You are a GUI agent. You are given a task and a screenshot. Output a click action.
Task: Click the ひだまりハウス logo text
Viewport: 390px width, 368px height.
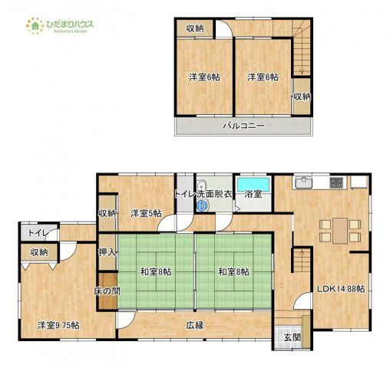click(x=70, y=25)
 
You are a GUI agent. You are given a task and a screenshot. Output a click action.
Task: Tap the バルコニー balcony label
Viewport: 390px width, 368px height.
click(x=243, y=126)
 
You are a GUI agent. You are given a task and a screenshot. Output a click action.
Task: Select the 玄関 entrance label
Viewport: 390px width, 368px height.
click(x=292, y=337)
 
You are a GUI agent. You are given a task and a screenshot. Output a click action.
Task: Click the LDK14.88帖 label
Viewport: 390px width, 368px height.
click(x=341, y=289)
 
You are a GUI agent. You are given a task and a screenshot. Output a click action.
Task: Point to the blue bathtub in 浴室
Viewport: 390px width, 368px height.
click(x=253, y=184)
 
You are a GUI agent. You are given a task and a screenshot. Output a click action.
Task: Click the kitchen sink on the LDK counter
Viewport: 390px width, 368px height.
click(x=304, y=182)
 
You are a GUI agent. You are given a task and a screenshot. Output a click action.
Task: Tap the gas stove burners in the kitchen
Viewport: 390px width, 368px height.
click(x=336, y=182)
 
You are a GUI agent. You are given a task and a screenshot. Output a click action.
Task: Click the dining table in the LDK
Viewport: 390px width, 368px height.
click(x=340, y=231)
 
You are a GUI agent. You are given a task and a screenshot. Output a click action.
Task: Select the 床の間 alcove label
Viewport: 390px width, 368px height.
click(x=107, y=291)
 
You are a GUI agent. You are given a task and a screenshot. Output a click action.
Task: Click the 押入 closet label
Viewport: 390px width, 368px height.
click(x=107, y=252)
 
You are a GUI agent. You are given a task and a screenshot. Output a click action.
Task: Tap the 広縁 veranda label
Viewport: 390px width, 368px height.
click(x=195, y=325)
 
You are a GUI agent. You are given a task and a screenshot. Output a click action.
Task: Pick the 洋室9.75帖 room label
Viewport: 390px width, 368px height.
click(x=58, y=325)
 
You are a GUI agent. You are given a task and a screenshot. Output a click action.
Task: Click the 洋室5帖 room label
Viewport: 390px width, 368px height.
click(x=146, y=213)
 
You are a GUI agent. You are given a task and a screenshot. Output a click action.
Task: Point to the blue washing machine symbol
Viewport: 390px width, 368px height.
click(x=202, y=205)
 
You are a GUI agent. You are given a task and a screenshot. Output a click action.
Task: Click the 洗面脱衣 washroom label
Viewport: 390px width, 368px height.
click(x=214, y=194)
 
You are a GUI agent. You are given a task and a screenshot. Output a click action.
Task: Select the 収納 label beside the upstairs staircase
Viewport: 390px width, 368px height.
click(x=302, y=97)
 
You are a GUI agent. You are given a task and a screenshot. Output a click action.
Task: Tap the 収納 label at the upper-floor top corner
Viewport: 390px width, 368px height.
click(x=195, y=28)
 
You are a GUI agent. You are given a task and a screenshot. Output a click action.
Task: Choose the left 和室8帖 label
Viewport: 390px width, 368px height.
click(x=156, y=271)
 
